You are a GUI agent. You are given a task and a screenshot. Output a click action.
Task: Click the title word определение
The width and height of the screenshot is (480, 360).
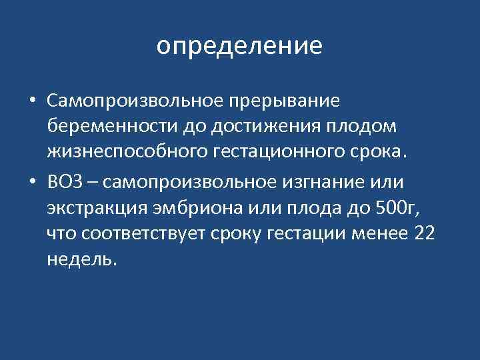240,46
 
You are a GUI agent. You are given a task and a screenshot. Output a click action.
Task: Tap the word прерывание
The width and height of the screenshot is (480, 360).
284,100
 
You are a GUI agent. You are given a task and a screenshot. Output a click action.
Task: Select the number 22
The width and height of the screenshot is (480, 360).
425,233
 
